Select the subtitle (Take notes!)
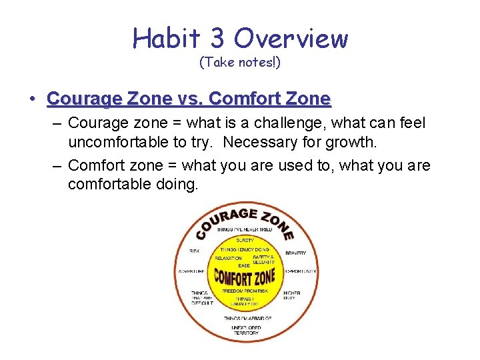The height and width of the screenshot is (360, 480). [x=240, y=63]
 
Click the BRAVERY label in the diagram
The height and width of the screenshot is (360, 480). [x=295, y=253]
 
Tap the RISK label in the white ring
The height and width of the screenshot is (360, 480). [x=195, y=251]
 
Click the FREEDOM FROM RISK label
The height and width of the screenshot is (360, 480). [x=245, y=291]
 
